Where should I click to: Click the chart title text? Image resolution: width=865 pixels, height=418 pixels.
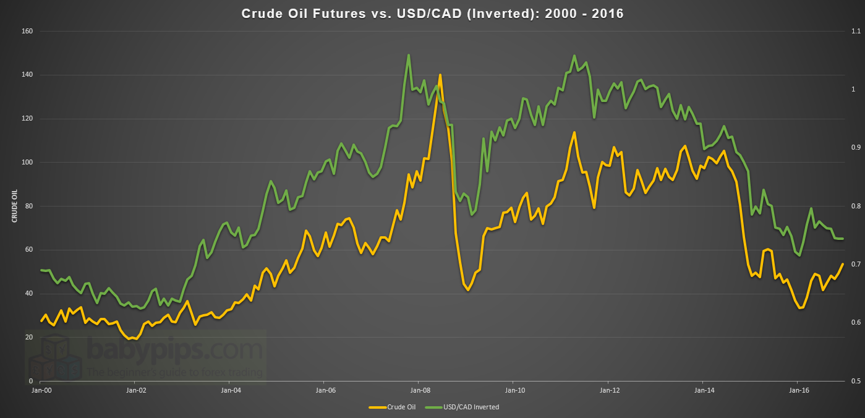pos(432,14)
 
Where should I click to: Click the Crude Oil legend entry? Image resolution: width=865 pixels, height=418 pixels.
pos(394,407)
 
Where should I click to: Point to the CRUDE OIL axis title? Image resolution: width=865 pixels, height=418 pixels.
pos(14,206)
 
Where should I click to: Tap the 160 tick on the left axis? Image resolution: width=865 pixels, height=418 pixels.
pos(27,32)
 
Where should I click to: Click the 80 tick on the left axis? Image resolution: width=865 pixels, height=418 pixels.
pos(29,206)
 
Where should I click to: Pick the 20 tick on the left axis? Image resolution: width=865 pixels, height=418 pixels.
pos(29,337)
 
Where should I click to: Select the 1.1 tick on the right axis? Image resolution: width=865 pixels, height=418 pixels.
pos(856,32)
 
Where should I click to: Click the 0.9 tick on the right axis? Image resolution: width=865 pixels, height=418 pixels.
pos(856,148)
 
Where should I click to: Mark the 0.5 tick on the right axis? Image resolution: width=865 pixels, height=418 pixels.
pos(856,381)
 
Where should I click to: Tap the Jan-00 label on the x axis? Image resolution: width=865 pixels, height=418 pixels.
pos(41,391)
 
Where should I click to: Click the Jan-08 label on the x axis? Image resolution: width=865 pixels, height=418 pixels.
pos(420,391)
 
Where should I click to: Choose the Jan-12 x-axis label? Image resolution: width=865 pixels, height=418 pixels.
pos(609,391)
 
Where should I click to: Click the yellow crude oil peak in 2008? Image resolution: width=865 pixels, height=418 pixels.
pos(440,75)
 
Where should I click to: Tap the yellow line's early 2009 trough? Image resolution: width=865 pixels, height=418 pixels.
pos(468,290)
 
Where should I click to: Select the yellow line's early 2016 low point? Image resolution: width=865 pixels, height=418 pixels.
pos(800,308)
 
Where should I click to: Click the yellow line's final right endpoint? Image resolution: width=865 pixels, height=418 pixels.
pos(843,264)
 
